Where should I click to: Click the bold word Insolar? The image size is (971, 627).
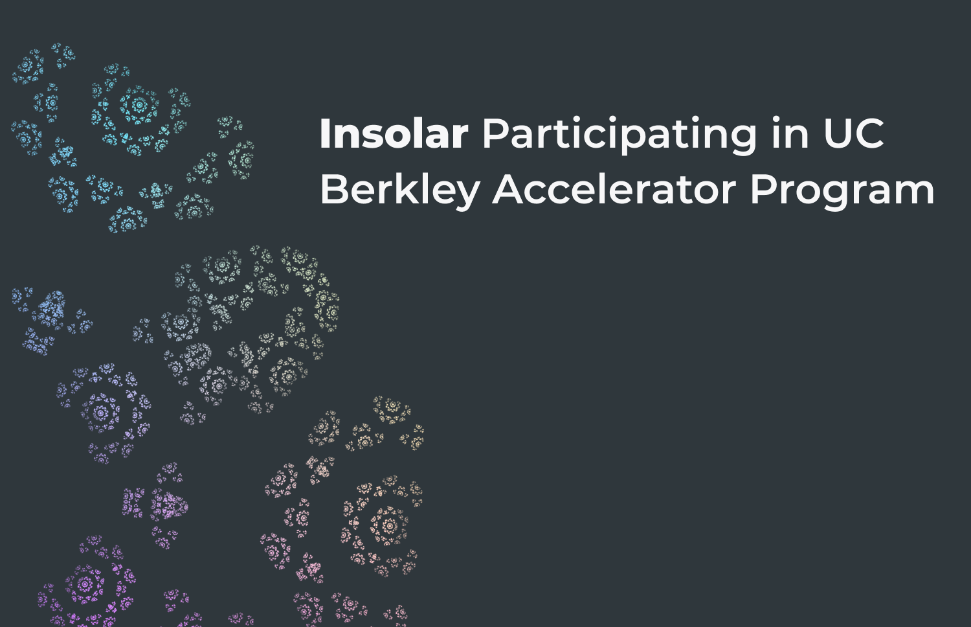click(394, 133)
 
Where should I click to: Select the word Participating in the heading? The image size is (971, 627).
click(620, 136)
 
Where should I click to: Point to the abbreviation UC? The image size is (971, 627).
click(853, 133)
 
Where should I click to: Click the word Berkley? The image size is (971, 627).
click(400, 191)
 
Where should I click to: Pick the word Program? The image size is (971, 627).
click(842, 191)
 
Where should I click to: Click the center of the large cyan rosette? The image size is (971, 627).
click(139, 104)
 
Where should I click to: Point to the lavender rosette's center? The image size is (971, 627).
click(100, 413)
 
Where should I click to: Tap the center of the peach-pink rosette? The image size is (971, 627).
click(389, 526)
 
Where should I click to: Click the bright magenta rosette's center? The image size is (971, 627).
click(85, 584)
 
